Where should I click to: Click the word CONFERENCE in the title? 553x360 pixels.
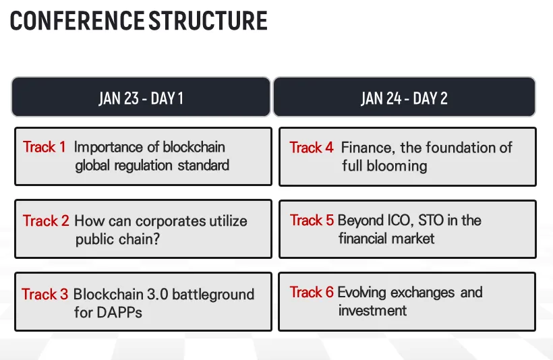click(77, 21)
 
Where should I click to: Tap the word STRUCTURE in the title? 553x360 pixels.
click(208, 21)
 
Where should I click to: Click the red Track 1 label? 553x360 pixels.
click(45, 147)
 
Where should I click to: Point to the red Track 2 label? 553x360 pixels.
click(47, 220)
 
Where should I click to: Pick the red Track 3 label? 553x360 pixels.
click(45, 294)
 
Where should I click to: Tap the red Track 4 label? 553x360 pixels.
click(312, 148)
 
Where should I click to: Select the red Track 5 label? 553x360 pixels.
click(312, 220)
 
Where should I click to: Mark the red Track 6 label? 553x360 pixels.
click(312, 293)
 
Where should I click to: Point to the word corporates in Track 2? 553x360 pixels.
click(171, 221)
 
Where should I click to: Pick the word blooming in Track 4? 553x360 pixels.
click(397, 166)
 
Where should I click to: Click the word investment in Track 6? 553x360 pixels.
click(372, 311)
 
